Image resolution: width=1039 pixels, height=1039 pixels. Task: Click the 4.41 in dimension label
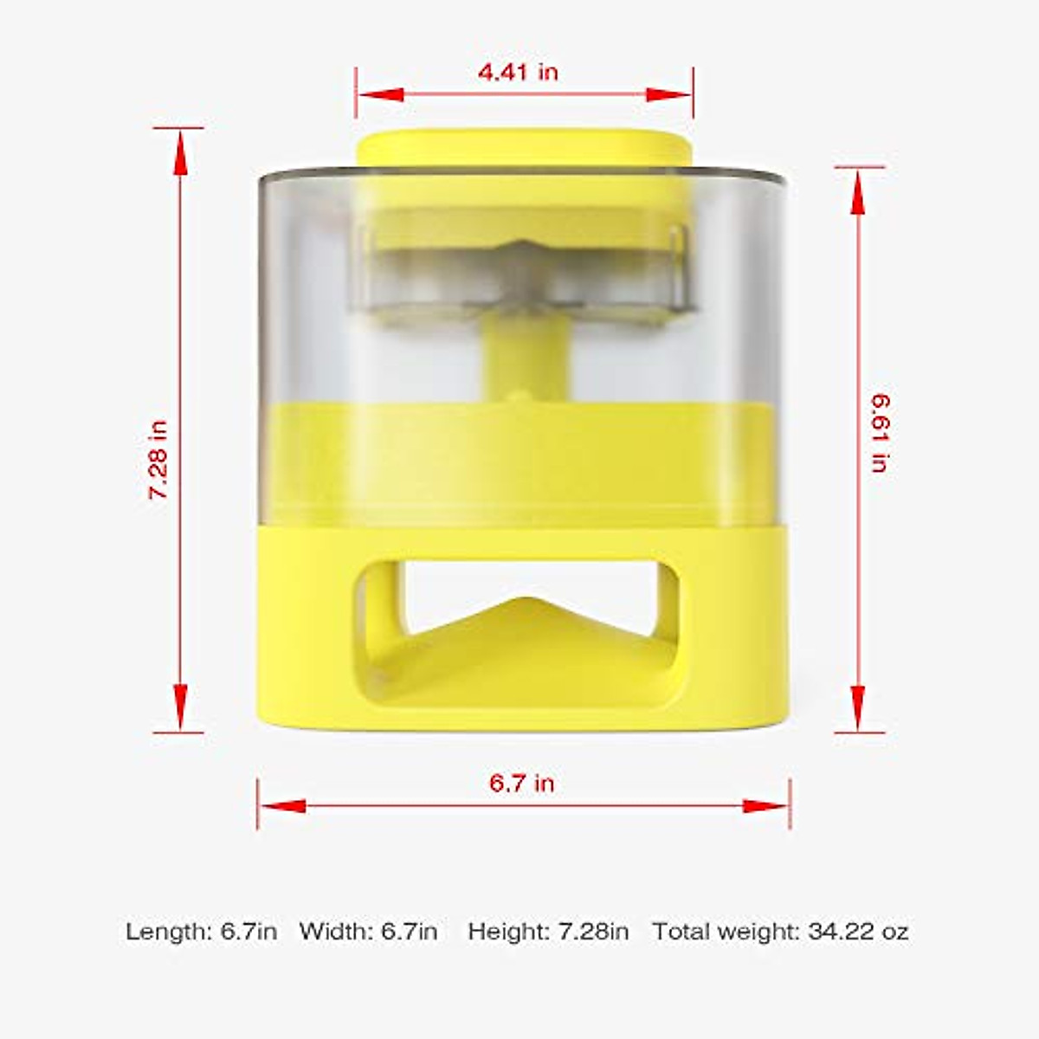[x=518, y=72]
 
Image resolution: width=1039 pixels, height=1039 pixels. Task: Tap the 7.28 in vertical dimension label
[x=158, y=459]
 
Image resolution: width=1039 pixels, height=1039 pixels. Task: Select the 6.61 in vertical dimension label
[x=880, y=432]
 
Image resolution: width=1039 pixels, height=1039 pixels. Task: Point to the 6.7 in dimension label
[x=521, y=784]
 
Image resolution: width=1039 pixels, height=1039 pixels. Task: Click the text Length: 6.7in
[x=202, y=932]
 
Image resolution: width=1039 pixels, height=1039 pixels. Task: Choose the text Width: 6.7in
[x=368, y=932]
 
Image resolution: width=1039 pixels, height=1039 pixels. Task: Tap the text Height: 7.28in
[x=548, y=932]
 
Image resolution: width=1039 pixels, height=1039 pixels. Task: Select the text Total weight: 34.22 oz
[x=780, y=932]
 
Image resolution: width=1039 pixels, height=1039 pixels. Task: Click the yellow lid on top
[x=523, y=147]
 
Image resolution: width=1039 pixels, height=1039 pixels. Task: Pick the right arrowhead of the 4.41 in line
[x=669, y=94]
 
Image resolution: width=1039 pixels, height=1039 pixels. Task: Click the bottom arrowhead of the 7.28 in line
[x=180, y=706]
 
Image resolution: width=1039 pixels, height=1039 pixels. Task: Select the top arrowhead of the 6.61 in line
[x=858, y=192]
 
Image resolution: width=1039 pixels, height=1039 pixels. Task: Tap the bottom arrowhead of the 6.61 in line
[x=858, y=706]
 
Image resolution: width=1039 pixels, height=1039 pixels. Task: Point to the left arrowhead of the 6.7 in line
[x=282, y=806]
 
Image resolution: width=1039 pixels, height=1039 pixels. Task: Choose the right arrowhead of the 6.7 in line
[x=766, y=806]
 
